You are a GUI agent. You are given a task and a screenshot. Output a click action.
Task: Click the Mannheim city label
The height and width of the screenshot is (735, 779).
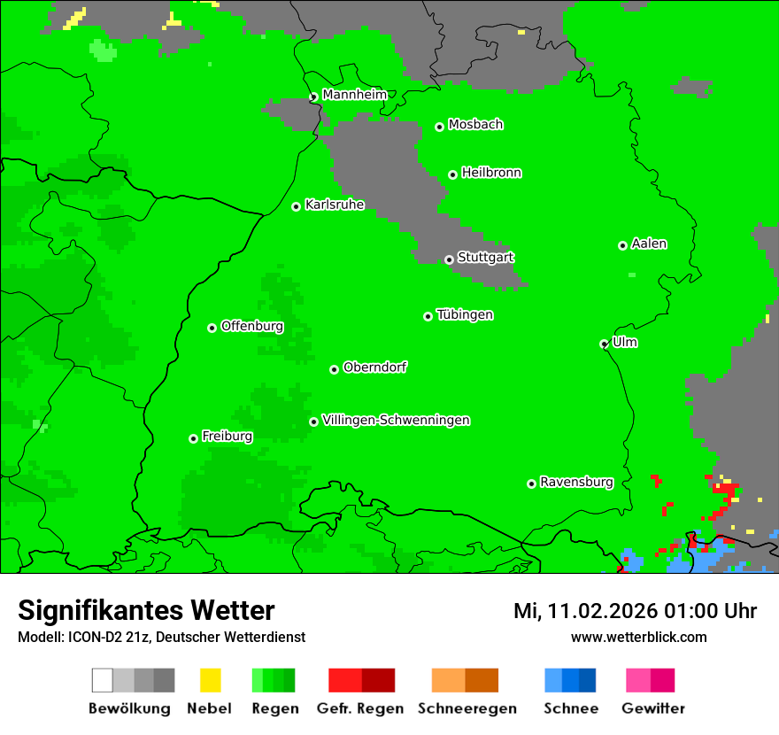pos(354,95)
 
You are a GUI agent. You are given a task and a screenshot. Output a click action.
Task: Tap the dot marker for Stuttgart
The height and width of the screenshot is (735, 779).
pos(449,259)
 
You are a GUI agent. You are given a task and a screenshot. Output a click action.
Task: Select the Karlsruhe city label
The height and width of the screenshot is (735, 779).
pos(335,205)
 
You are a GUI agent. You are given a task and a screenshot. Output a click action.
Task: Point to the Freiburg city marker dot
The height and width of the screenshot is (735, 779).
pos(193,438)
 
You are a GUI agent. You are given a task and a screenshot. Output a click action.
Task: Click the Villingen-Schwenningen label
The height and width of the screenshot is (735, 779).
pos(396,420)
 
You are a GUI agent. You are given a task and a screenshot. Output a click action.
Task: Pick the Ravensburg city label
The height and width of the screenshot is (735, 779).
pos(576,482)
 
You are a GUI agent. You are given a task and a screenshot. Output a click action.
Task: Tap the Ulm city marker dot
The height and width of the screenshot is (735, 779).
pos(604,344)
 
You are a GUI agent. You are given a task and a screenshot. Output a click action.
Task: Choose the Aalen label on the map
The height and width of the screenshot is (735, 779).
pos(649,244)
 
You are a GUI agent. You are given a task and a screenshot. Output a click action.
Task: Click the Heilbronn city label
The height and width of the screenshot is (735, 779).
pos(491,173)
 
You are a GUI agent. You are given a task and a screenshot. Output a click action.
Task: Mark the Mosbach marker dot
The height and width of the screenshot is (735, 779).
pos(439,127)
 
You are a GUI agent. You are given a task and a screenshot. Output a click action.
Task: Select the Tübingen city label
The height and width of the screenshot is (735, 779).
pos(465,314)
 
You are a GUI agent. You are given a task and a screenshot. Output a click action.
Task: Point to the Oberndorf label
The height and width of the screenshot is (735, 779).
pos(374,367)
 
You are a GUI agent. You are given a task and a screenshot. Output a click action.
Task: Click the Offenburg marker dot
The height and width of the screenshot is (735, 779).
pos(212,328)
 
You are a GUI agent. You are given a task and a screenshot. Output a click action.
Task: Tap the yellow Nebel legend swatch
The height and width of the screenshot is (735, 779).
pos(210,680)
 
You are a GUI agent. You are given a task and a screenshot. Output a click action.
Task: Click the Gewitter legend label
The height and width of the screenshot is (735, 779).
pos(653,708)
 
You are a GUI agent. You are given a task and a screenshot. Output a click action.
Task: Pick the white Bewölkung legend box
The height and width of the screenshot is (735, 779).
pos(103,680)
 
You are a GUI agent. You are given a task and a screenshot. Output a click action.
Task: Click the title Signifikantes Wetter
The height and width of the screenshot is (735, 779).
pos(146,611)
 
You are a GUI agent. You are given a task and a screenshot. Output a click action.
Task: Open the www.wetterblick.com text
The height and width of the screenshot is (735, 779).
pos(638,637)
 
